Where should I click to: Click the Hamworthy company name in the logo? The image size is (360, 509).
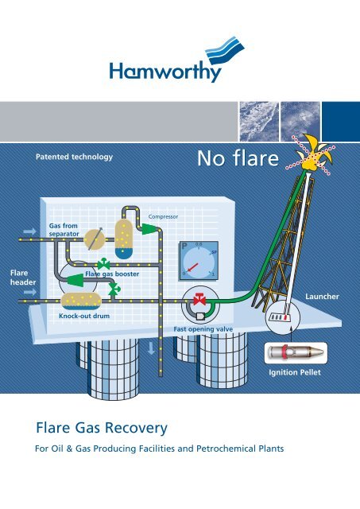click(165, 72)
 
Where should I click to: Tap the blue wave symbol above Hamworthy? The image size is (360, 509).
click(225, 50)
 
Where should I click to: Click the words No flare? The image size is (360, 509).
click(238, 158)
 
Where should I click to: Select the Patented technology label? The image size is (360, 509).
click(74, 157)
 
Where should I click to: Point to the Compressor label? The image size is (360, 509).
click(163, 216)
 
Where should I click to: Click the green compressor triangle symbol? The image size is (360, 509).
click(149, 229)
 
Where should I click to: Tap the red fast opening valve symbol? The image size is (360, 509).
click(199, 300)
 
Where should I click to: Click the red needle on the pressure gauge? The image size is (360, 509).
click(192, 268)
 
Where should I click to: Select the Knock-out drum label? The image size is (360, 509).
click(84, 316)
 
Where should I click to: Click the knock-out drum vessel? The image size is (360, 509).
click(81, 301)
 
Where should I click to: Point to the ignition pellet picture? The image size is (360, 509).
click(295, 353)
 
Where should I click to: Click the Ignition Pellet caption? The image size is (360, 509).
click(295, 372)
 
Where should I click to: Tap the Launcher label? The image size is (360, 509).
click(322, 297)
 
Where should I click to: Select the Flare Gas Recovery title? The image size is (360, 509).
click(102, 428)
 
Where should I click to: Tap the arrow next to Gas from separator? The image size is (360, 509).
click(30, 231)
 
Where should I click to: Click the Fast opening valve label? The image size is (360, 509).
click(203, 329)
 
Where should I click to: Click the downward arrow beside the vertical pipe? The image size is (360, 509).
click(151, 348)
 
